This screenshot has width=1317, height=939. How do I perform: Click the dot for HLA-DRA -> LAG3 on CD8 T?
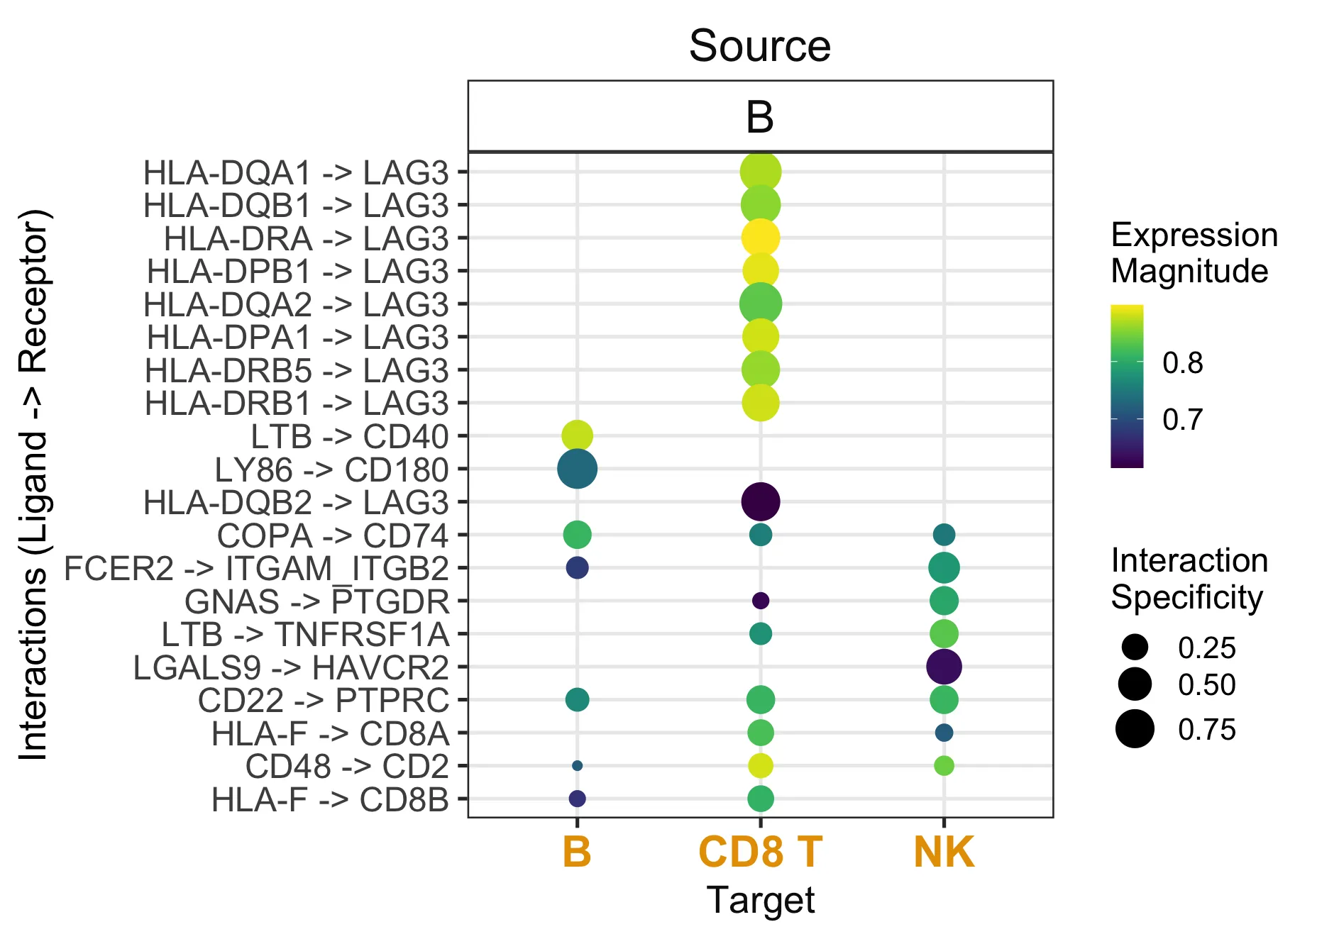click(x=760, y=238)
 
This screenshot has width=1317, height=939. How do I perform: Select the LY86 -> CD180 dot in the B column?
click(x=577, y=469)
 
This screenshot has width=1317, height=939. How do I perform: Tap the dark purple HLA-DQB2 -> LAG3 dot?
click(x=760, y=501)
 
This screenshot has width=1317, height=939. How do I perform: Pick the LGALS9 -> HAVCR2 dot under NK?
click(x=944, y=667)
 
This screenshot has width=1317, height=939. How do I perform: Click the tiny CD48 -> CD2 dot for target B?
click(x=577, y=766)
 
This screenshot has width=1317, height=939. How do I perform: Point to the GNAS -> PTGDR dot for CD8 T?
click(x=760, y=601)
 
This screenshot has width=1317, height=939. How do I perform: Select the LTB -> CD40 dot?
click(x=577, y=435)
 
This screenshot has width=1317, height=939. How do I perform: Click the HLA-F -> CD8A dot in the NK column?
click(x=944, y=733)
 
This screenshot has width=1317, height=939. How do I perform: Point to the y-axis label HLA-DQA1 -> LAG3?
click(x=296, y=173)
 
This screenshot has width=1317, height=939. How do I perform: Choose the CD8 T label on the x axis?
click(x=760, y=852)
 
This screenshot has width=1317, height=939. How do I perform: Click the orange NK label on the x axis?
click(x=944, y=852)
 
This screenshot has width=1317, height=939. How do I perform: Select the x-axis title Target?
click(x=760, y=901)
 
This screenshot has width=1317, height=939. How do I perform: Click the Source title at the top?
click(x=760, y=46)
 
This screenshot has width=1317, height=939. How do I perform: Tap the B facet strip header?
click(x=760, y=117)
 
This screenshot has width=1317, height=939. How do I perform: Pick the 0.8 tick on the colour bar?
click(x=1182, y=363)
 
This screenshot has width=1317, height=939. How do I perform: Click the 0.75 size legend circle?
click(x=1135, y=729)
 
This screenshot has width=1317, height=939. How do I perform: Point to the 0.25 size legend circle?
click(x=1135, y=648)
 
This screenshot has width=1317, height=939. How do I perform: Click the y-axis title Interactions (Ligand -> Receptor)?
click(x=34, y=485)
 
